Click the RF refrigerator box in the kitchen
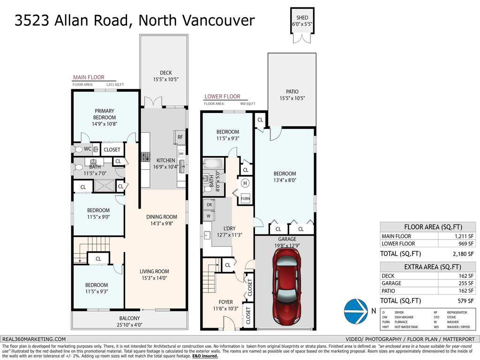pos(180,137)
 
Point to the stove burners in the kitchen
pos(145,157)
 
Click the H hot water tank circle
pos(245,183)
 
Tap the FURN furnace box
pos(245,198)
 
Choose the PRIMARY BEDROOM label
pos(105,114)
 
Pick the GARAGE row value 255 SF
pos(464,284)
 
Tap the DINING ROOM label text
pos(161,217)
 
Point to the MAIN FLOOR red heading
pos(88,77)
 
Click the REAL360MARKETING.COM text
pos(34,339)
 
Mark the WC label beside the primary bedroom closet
pos(87,149)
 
